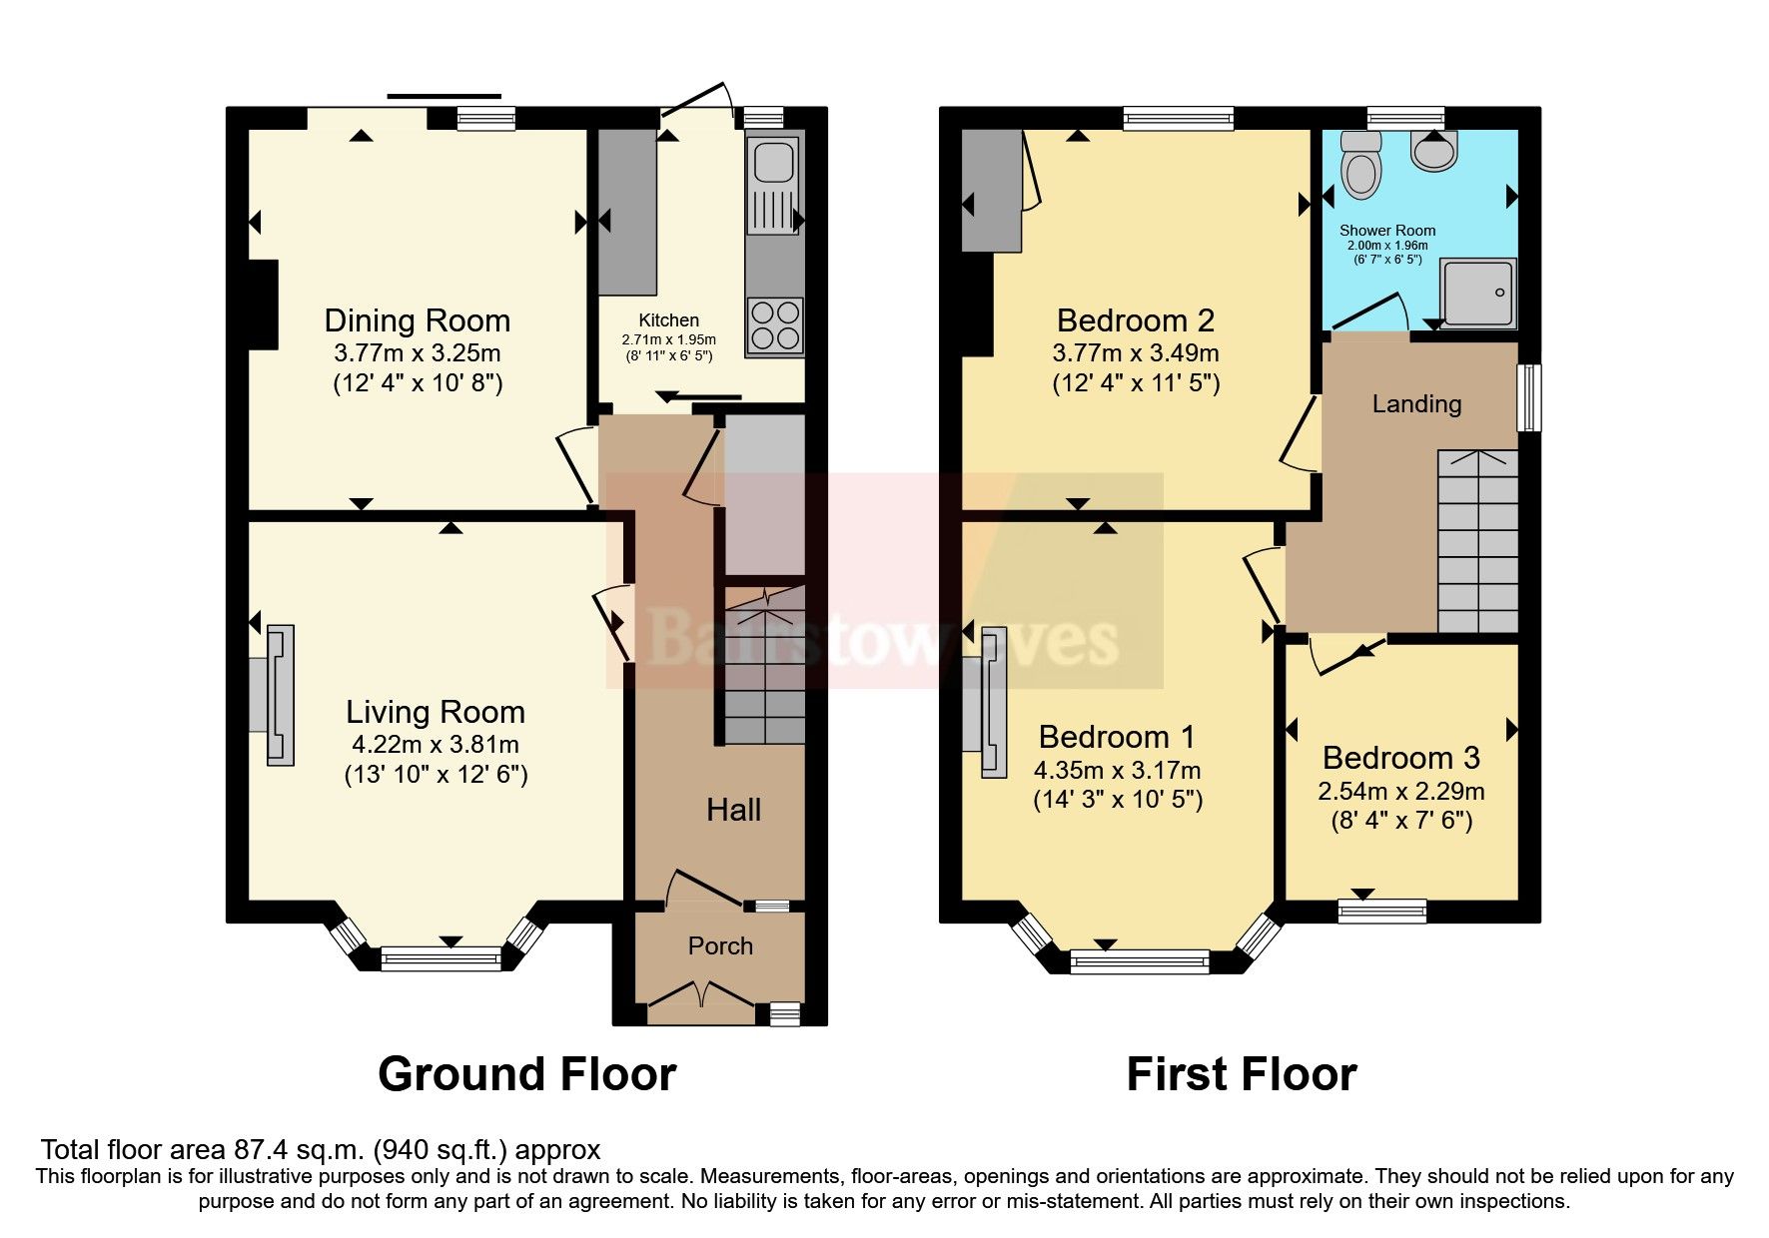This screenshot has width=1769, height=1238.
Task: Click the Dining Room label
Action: [x=417, y=320]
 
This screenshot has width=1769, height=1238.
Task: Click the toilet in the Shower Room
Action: [x=1360, y=166]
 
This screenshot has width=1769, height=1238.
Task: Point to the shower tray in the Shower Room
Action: [x=1477, y=292]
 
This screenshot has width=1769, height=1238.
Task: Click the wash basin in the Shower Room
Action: [x=1434, y=152]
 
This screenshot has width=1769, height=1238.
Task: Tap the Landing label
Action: [x=1415, y=403]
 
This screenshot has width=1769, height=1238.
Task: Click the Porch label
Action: [x=720, y=945]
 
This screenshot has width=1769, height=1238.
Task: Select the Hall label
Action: [x=733, y=810]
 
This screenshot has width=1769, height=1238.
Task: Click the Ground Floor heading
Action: [x=526, y=1074]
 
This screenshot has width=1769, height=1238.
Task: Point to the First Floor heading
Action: [x=1241, y=1074]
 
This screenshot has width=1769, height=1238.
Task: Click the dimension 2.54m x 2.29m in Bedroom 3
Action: [x=1400, y=792]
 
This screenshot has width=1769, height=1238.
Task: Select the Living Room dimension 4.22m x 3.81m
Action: [x=435, y=744]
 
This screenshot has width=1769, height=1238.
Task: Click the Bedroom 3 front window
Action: [x=1382, y=910]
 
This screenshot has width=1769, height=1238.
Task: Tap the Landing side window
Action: [x=1528, y=397]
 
